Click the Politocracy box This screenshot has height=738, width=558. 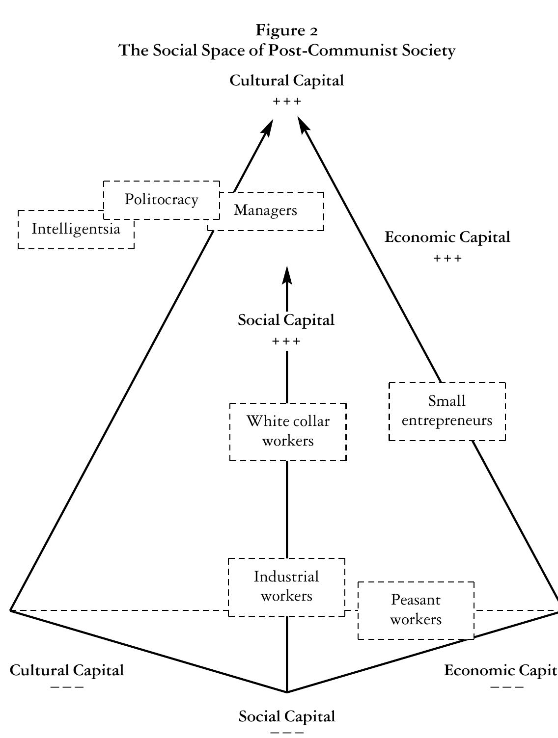pyautogui.click(x=162, y=200)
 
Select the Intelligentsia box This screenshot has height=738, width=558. pyautogui.click(x=76, y=229)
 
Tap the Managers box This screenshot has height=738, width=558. pyautogui.click(x=266, y=211)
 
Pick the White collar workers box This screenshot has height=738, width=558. pyautogui.click(x=288, y=431)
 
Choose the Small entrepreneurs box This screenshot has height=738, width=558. pyautogui.click(x=447, y=411)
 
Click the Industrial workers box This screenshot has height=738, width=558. pyautogui.click(x=287, y=586)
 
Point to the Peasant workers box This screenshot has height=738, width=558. pyautogui.click(x=416, y=610)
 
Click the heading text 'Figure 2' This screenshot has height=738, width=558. pyautogui.click(x=287, y=31)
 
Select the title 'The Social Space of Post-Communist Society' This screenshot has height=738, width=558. pyautogui.click(x=287, y=51)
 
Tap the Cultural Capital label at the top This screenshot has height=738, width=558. pyautogui.click(x=287, y=81)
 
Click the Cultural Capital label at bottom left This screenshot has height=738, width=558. pyautogui.click(x=67, y=670)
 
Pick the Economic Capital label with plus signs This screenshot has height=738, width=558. pyautogui.click(x=447, y=237)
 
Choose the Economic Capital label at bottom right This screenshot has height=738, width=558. pyautogui.click(x=501, y=670)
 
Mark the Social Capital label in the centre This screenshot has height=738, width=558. pyautogui.click(x=286, y=320)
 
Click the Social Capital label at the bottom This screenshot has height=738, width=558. pyautogui.click(x=287, y=716)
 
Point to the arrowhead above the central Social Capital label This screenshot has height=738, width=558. pyautogui.click(x=287, y=275)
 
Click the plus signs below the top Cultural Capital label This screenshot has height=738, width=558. pyautogui.click(x=287, y=102)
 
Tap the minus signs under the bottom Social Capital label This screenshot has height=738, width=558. pyautogui.click(x=287, y=733)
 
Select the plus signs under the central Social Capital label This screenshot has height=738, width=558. pyautogui.click(x=286, y=341)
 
